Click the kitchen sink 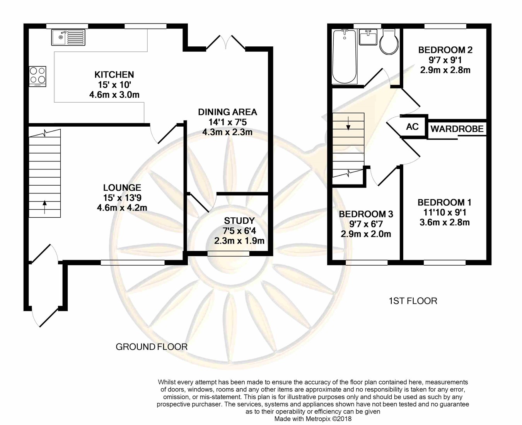68,37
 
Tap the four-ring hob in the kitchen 38,76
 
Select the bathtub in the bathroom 345,57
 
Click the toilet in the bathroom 389,41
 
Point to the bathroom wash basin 368,37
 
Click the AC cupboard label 412,127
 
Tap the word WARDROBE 457,129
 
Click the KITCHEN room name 114,75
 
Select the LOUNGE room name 122,188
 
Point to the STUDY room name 239,220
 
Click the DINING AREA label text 227,112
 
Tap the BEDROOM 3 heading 366,214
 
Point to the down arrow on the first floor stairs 348,123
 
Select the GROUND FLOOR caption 152,347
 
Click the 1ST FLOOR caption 413,301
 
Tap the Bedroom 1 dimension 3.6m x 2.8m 445,222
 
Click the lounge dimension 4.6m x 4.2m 122,208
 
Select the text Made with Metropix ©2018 313,419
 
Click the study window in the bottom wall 229,254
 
